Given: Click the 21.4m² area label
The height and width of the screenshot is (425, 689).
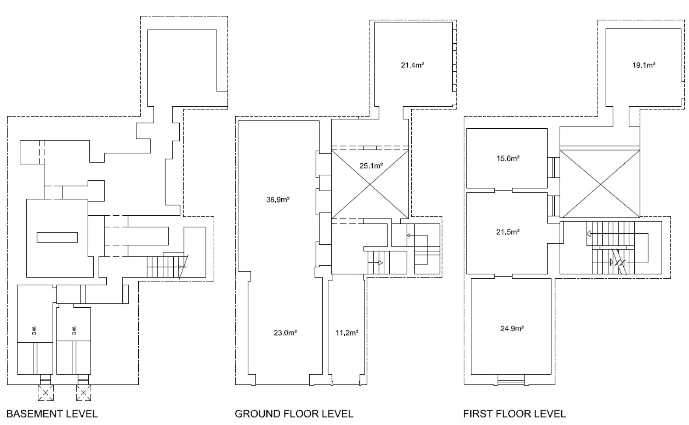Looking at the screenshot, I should coord(412,65).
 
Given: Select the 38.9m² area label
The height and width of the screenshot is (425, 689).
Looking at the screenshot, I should coord(278,200).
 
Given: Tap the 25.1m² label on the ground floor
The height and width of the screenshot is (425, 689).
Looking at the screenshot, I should coord(371,166).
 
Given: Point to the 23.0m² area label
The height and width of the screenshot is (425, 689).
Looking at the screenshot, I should coord(285,333).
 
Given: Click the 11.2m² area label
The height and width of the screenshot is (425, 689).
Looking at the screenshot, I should coord(347,333).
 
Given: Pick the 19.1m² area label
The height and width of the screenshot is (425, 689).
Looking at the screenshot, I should coord(644,65).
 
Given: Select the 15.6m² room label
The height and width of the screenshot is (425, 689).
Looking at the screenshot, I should coord(508,159).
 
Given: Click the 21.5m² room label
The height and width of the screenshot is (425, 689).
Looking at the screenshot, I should coord(508,232).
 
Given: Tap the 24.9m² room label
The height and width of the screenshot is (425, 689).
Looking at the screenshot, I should coord(512,329).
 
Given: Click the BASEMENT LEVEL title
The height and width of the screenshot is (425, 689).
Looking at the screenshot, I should coord(52,414).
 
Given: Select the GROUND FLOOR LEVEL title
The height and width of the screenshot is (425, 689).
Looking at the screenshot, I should coord(294,414).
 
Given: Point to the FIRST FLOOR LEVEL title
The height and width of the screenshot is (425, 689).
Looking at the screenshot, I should coord(514,414).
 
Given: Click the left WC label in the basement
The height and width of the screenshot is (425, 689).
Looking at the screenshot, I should coord(34,331).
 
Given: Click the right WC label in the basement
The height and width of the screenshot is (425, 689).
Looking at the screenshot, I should coord(74,331).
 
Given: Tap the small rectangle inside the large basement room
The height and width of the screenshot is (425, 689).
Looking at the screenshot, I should coord(57,237).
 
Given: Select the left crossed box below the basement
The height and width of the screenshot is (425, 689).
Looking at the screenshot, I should coord(46,393).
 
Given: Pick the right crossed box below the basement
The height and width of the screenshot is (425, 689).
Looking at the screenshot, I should coord(84,393).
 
